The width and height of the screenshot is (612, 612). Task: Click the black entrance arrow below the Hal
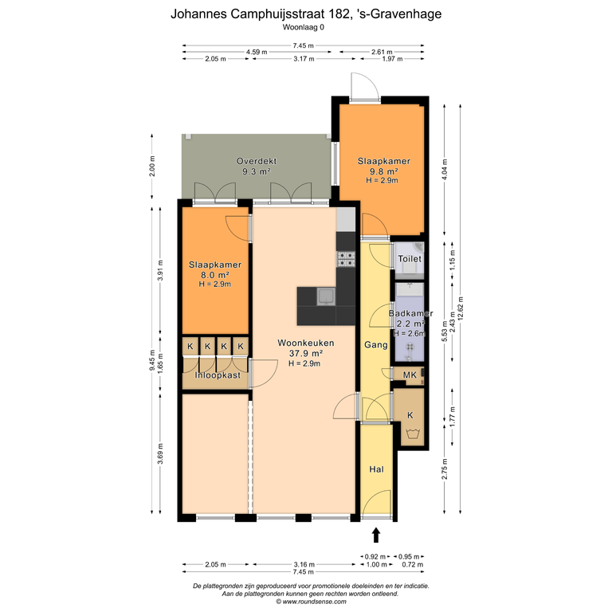(376, 535)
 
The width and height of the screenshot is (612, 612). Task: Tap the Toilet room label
(410, 259)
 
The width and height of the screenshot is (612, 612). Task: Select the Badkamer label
(410, 313)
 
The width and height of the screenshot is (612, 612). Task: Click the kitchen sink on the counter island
(325, 296)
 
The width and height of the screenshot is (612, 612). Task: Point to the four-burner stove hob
(346, 259)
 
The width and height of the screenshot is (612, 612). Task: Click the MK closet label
(410, 375)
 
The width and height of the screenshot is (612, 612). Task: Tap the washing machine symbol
(411, 433)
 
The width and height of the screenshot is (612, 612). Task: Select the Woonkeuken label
(306, 343)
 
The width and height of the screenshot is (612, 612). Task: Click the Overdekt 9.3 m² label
(257, 166)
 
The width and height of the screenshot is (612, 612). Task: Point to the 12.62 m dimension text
(461, 308)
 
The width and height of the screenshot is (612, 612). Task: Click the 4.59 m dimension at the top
(257, 52)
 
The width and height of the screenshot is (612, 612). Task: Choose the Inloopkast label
(218, 375)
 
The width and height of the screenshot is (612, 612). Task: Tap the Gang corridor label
(376, 344)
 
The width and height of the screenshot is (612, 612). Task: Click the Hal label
(376, 469)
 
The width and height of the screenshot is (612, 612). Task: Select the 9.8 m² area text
(383, 171)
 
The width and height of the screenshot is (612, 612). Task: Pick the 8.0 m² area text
(214, 275)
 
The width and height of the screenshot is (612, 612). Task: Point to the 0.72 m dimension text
(413, 564)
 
